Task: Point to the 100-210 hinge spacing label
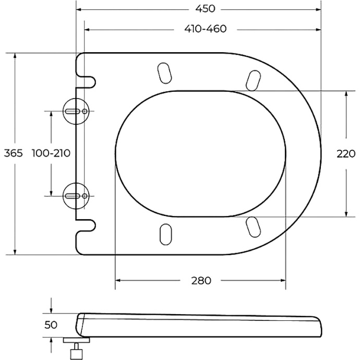(x=51, y=153)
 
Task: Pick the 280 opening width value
(x=201, y=281)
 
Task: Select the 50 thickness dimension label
(x=51, y=325)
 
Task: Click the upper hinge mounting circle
(x=76, y=111)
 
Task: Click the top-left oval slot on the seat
(x=164, y=73)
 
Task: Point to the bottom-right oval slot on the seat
(x=253, y=226)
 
